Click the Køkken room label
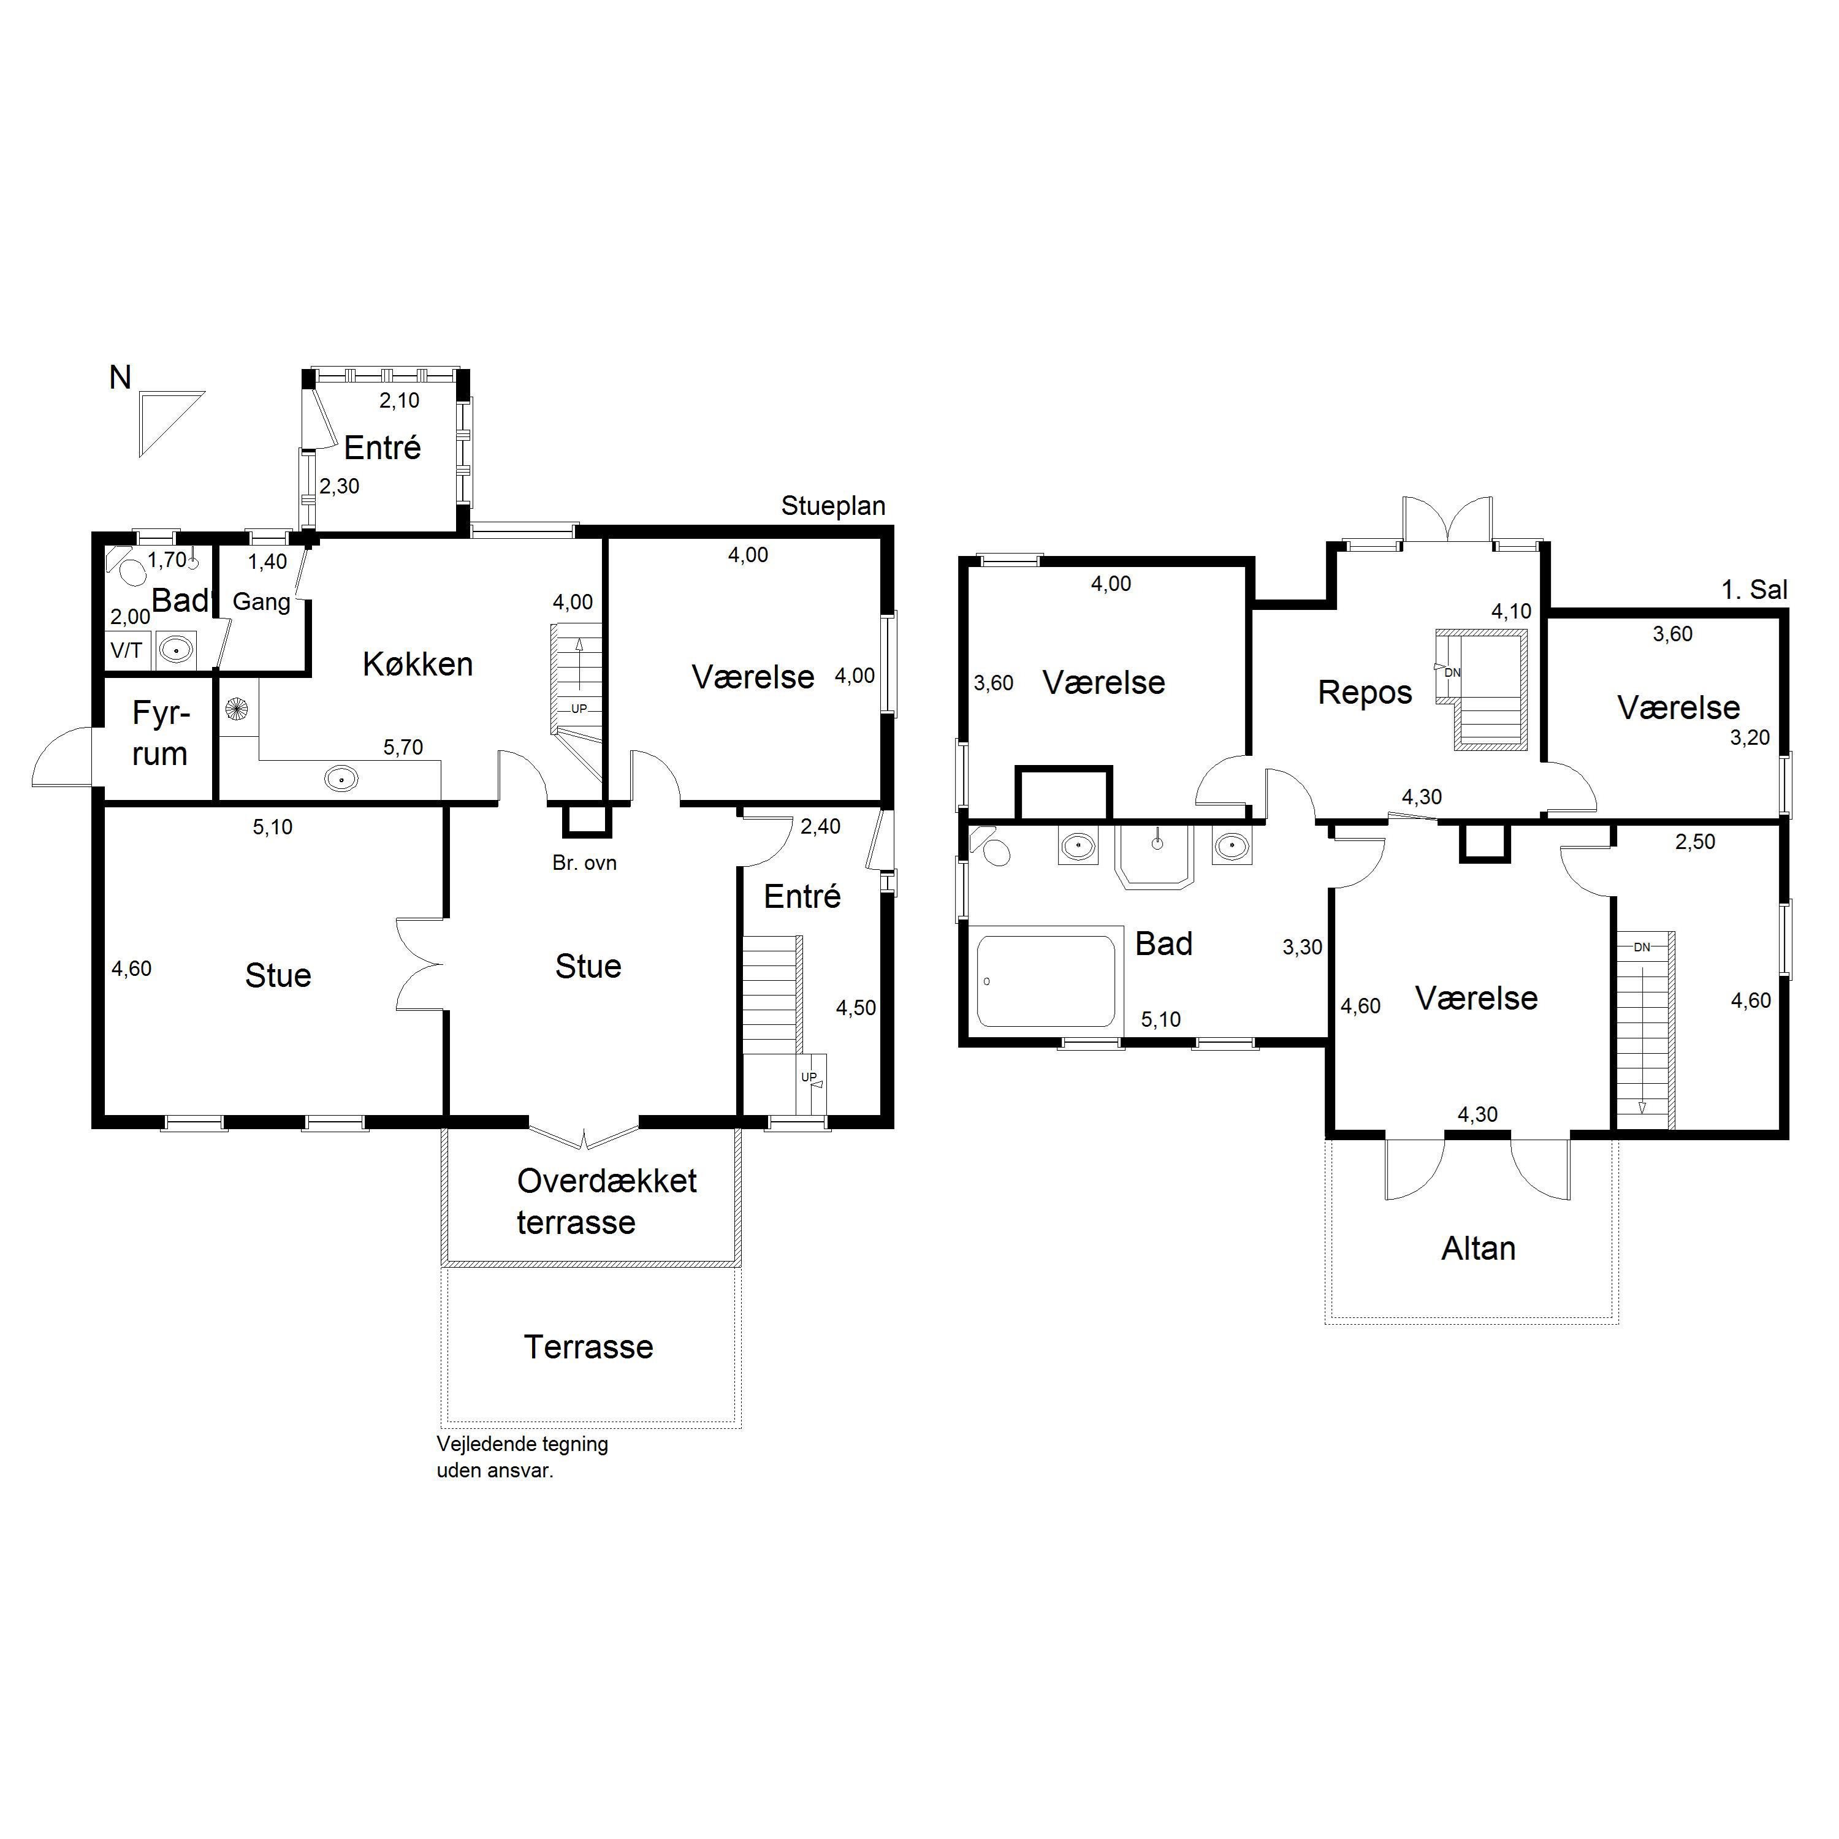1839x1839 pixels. pyautogui.click(x=418, y=663)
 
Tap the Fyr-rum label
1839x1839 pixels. pyautogui.click(x=160, y=733)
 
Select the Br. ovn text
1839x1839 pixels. pyautogui.click(x=584, y=862)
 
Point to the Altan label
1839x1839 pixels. pyautogui.click(x=1478, y=1248)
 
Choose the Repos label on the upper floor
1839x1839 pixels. pyautogui.click(x=1365, y=693)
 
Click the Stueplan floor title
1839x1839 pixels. pyautogui.click(x=833, y=506)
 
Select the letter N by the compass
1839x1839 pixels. pyautogui.click(x=120, y=378)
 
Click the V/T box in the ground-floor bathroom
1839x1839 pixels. pyautogui.click(x=127, y=650)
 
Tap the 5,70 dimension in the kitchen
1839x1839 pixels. pyautogui.click(x=403, y=747)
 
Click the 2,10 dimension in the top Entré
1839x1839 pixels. pyautogui.click(x=400, y=401)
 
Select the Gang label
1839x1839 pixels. pyautogui.click(x=262, y=601)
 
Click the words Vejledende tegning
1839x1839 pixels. pyautogui.click(x=522, y=1444)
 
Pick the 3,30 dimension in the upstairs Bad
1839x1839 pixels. pyautogui.click(x=1302, y=947)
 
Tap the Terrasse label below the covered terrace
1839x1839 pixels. pyautogui.click(x=588, y=1347)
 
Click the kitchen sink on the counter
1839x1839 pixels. pyautogui.click(x=341, y=778)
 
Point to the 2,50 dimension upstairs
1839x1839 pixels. pyautogui.click(x=1696, y=842)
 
